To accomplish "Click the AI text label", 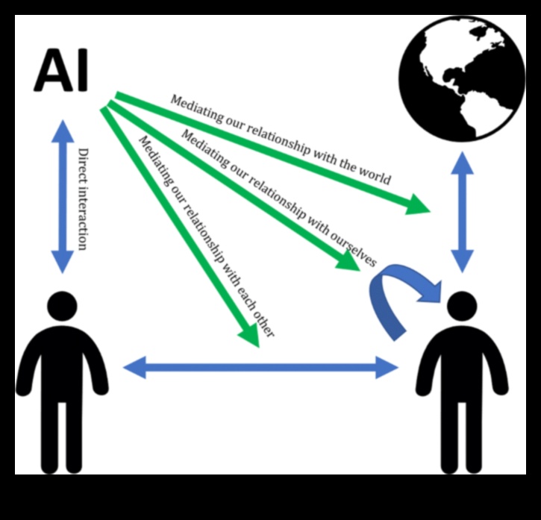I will coord(62,71).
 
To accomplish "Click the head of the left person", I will coord(62,307).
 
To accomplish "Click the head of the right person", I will coord(462,306).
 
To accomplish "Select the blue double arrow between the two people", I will coord(260,367).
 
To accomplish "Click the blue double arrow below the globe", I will coord(463,212).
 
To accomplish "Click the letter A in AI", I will coord(49,71).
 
